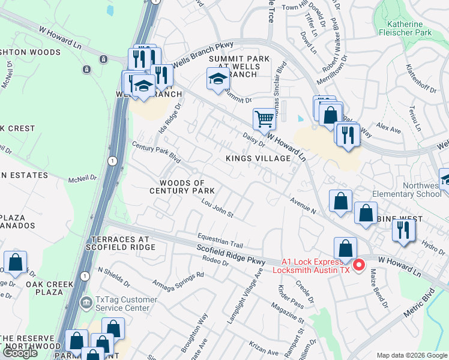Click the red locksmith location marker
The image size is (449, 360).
[359, 265]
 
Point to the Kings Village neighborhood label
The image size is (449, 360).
[258, 158]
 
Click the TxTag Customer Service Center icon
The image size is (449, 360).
[88, 301]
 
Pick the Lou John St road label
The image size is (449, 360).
[217, 211]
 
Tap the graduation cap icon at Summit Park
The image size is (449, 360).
[217, 78]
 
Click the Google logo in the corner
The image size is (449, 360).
[20, 353]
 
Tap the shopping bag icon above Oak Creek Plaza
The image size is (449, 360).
[15, 262]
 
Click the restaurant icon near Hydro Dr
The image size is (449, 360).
[403, 231]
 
